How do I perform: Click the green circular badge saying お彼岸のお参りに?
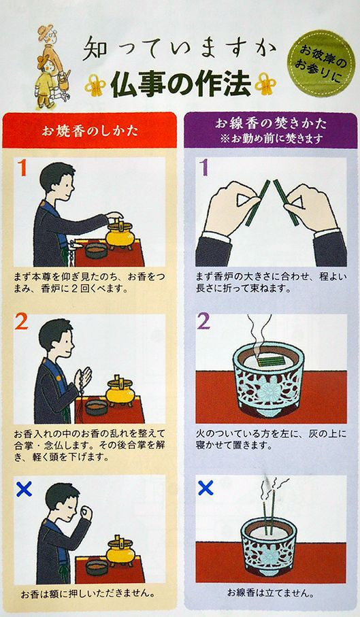click(x=322, y=64)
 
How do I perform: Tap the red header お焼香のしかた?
click(x=90, y=131)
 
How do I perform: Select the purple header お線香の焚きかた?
click(x=270, y=130)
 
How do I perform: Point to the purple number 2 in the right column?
click(x=203, y=322)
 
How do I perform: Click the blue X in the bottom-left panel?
click(x=24, y=489)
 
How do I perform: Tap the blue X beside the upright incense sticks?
click(x=206, y=488)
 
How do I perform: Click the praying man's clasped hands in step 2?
click(x=84, y=378)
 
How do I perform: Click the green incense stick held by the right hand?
click(x=287, y=203)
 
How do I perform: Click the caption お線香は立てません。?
click(x=270, y=593)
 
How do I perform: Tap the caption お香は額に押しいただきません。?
click(x=87, y=593)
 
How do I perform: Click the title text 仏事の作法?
click(x=180, y=84)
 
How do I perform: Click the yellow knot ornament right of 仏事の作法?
click(x=265, y=84)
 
